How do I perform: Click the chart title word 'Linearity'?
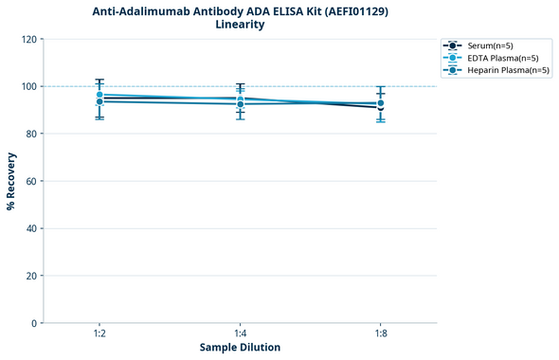pos(240,25)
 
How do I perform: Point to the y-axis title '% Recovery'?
pos(11,181)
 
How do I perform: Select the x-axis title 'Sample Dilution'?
pos(240,348)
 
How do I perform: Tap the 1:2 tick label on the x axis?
pos(99,333)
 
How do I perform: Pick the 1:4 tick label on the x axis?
pos(240,333)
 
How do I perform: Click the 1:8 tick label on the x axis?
pos(380,333)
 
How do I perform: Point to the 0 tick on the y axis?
pos(34,323)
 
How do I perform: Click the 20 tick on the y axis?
pos(31,276)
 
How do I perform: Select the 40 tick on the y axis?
pos(31,228)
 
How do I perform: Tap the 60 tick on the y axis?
pos(31,181)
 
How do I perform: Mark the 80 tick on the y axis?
pos(31,134)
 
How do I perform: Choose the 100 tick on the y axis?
pos(28,86)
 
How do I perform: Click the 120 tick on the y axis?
pos(28,39)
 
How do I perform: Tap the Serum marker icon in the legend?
pos(454,45)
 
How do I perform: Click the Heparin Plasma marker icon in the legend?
pos(454,70)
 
